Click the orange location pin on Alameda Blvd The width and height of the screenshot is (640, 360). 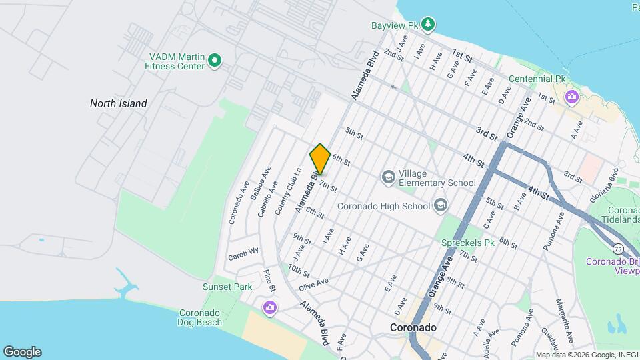[320, 159]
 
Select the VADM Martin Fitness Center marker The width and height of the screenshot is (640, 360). [215, 61]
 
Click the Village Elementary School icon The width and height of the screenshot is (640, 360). [388, 177]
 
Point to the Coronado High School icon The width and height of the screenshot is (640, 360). [440, 205]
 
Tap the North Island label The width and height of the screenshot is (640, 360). [119, 103]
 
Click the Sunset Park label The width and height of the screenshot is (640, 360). [227, 287]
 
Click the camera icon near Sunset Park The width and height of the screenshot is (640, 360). [270, 307]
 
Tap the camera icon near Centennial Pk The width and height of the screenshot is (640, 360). [571, 98]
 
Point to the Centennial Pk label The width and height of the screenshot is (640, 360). [537, 79]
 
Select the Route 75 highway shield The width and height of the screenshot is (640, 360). [619, 249]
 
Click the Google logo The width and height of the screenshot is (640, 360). [22, 352]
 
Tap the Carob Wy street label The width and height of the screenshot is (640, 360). [243, 253]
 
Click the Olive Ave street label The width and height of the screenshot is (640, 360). [313, 284]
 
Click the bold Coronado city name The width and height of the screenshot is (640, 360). [413, 328]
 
